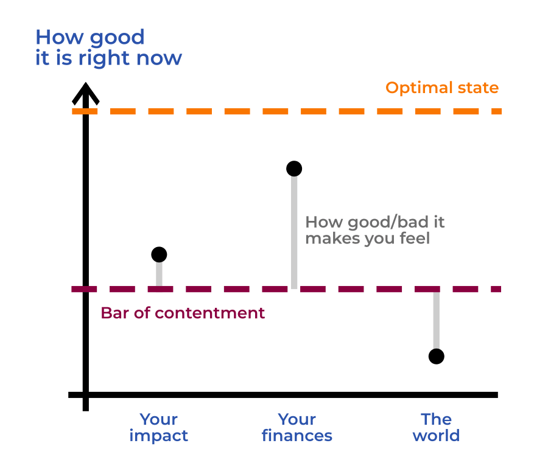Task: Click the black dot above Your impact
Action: click(159, 254)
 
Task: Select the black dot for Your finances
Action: click(294, 169)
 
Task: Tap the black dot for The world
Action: click(436, 357)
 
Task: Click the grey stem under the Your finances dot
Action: click(294, 231)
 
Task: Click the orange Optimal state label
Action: click(442, 88)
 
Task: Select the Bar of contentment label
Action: click(183, 313)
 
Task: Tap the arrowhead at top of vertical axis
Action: click(85, 92)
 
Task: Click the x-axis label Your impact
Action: click(158, 427)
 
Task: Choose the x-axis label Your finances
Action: click(297, 427)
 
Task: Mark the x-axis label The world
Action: click(436, 427)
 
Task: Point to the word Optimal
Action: click(416, 88)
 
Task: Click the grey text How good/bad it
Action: click(374, 222)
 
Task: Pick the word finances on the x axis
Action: click(297, 436)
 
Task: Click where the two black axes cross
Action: click(85, 395)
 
